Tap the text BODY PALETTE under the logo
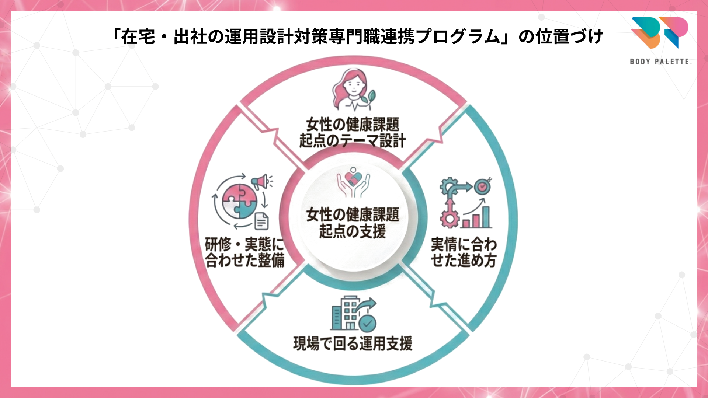(x=659, y=62)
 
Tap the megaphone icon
(x=261, y=181)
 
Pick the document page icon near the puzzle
(x=261, y=221)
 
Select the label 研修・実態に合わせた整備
(x=244, y=252)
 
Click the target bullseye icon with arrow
(x=482, y=186)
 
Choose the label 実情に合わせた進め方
(x=464, y=252)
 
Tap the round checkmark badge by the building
(x=367, y=324)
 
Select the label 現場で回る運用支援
(x=353, y=343)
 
